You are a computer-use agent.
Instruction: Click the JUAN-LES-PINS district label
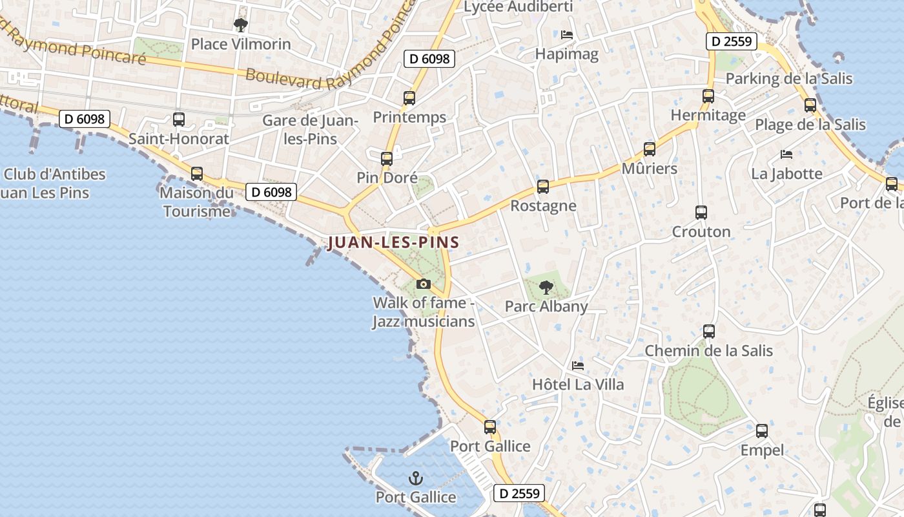pos(393,243)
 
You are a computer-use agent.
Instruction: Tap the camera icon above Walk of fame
pos(424,284)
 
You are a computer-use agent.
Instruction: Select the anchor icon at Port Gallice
pos(416,478)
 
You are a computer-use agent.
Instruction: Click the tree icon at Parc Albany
pos(546,287)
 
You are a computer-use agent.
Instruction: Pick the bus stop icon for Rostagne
pos(542,187)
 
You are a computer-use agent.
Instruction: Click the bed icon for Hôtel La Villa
pos(578,365)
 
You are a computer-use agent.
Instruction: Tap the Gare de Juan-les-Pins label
pos(310,129)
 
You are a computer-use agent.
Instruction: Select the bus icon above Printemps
pos(409,98)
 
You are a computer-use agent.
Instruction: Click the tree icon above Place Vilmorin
pos(241,25)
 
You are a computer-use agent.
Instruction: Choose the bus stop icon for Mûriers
pos(649,149)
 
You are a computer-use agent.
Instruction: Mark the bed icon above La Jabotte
pos(786,154)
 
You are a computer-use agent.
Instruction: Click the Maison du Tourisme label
pos(196,202)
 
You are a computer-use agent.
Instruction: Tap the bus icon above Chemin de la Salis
pos(708,332)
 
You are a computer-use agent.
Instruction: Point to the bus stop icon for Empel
pos(762,431)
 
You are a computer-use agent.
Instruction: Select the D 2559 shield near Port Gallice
pos(519,493)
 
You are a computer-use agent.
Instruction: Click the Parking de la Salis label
pos(789,79)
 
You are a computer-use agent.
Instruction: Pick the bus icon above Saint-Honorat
pos(178,120)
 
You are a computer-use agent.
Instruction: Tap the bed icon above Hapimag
pos(567,34)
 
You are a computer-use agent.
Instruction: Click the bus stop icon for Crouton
pos(701,212)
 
